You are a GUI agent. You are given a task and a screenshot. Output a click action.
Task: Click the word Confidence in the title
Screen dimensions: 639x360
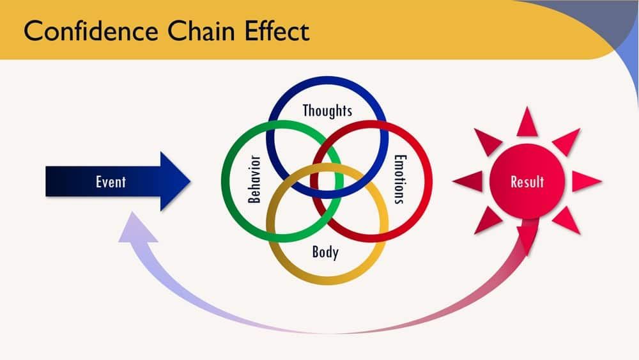point(91,31)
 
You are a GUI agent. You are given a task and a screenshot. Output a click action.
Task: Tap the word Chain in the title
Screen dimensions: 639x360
point(201,31)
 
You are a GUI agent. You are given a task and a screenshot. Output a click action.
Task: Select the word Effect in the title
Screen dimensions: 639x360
point(277,31)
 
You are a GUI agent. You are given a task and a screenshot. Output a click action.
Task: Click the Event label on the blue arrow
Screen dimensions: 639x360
point(111,182)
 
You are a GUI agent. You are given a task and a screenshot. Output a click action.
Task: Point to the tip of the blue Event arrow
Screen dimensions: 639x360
point(190,182)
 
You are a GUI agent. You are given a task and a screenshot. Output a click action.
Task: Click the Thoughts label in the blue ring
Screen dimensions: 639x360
point(327,111)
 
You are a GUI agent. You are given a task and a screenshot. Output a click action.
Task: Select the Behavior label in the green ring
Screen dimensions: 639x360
point(254,179)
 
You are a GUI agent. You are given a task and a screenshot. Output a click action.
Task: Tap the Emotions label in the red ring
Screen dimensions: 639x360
point(400,179)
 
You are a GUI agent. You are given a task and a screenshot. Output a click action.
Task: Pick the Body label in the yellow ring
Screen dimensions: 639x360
point(325,253)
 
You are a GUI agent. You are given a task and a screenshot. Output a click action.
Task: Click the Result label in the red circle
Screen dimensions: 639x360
point(527,182)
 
